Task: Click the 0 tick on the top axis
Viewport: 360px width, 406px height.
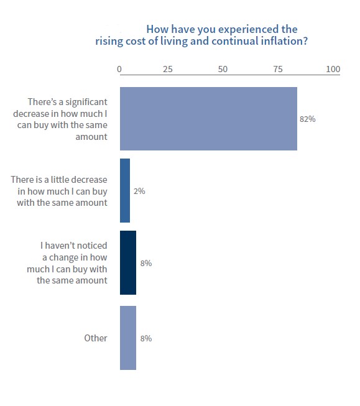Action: tap(119, 70)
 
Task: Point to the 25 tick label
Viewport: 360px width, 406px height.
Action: tap(167, 70)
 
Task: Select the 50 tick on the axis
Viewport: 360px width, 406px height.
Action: tap(223, 70)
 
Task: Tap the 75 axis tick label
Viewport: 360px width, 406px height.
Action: tap(278, 70)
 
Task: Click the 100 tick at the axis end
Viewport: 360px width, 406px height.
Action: tap(333, 70)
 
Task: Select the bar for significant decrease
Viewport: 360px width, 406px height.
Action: tap(208, 119)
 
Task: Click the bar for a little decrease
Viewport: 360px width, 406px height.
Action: tap(125, 191)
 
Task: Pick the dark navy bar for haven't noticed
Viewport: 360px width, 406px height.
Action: tap(127, 263)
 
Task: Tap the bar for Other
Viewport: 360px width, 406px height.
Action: tap(127, 338)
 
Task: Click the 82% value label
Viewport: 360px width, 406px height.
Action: tap(308, 119)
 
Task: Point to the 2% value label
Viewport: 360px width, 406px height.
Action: tap(139, 191)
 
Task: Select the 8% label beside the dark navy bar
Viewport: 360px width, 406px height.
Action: tap(146, 263)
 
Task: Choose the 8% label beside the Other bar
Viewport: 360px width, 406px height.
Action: tap(146, 338)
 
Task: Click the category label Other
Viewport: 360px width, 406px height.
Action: tap(96, 338)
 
